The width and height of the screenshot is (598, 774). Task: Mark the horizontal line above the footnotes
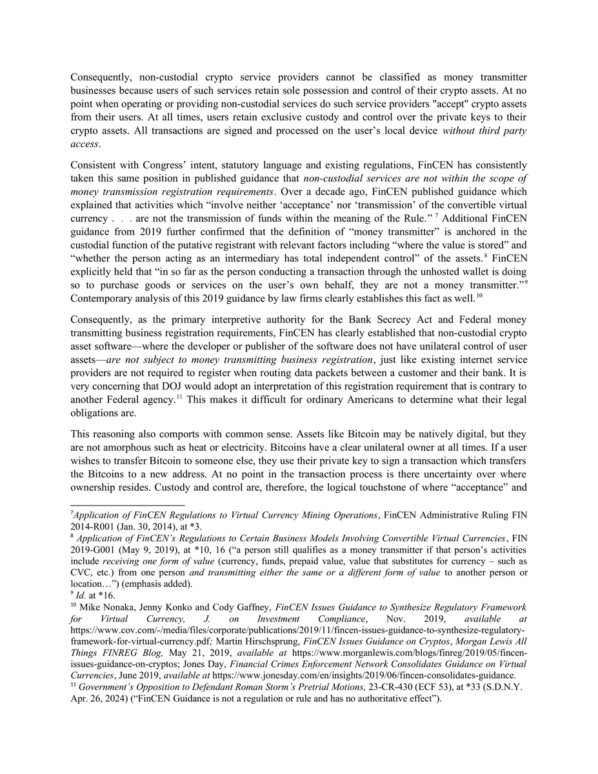[x=127, y=506]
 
